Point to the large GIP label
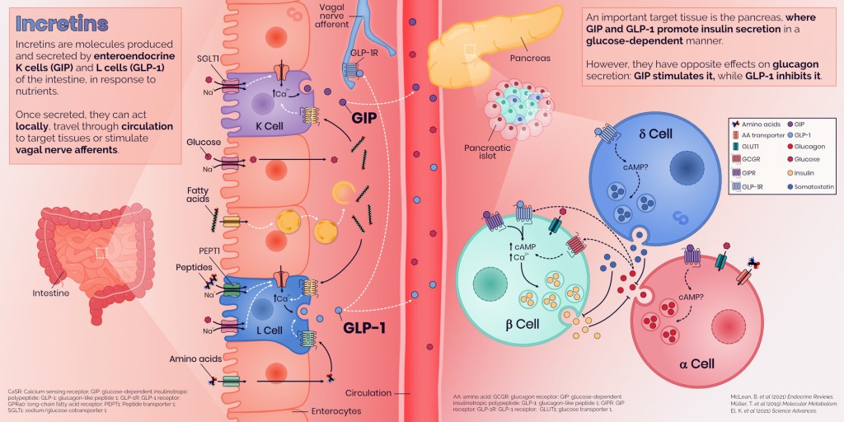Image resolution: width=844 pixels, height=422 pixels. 369,117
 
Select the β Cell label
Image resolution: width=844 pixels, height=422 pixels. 521,324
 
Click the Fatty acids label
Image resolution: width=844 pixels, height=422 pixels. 201,196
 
